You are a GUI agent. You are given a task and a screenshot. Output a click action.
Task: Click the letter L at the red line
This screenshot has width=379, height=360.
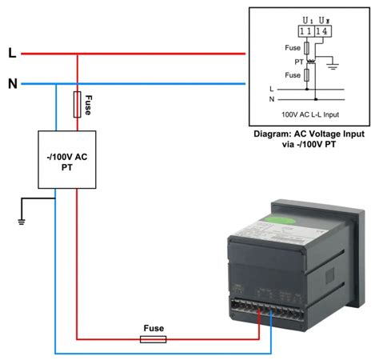click(11, 54)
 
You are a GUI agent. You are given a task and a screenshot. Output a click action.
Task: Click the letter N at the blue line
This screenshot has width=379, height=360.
click(12, 82)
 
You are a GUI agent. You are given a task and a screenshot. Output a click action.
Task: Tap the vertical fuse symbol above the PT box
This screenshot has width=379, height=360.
click(78, 104)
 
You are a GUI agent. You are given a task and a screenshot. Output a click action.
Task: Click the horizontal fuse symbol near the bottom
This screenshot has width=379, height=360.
click(153, 339)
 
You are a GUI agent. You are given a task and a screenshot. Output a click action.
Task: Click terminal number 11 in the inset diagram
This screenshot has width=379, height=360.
click(305, 31)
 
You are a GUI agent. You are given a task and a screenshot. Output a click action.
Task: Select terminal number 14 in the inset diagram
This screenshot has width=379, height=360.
click(320, 31)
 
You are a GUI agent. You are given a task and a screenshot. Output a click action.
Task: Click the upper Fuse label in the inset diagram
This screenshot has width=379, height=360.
click(293, 47)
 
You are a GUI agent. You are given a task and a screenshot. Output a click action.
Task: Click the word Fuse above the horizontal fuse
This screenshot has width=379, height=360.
click(154, 328)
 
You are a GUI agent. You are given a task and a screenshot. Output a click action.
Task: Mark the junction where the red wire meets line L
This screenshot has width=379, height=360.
click(78, 54)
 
